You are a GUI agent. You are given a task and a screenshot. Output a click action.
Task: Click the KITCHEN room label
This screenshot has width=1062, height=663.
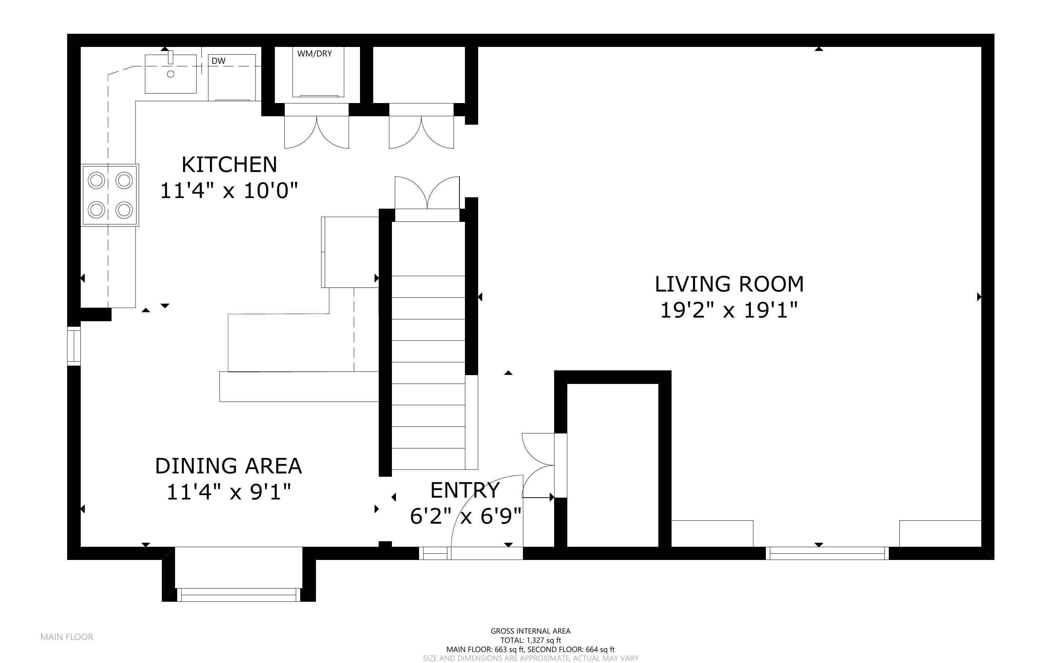click(x=229, y=165)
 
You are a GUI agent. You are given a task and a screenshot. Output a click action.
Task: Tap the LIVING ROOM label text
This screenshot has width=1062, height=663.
click(x=729, y=285)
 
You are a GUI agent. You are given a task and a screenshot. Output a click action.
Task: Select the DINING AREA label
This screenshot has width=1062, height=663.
click(x=228, y=466)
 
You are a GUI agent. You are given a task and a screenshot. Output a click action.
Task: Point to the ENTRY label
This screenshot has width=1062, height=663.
click(x=465, y=491)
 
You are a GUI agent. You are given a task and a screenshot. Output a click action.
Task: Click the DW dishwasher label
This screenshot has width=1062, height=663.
click(x=218, y=61)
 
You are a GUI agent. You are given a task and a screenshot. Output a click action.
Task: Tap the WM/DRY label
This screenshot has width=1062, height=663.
click(x=314, y=54)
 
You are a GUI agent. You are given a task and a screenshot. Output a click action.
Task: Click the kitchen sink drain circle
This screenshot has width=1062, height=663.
click(x=171, y=74)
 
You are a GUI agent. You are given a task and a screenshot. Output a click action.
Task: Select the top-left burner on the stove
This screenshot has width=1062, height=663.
click(x=97, y=180)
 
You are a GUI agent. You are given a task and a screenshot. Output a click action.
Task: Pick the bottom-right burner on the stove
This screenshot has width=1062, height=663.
click(x=124, y=210)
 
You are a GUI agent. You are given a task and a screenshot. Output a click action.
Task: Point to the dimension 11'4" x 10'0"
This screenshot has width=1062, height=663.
click(x=229, y=191)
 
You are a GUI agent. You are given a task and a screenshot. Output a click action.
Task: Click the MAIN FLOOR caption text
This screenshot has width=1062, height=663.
click(x=67, y=637)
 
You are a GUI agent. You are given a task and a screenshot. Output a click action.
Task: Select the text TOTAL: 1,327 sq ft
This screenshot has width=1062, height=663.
click(x=530, y=640)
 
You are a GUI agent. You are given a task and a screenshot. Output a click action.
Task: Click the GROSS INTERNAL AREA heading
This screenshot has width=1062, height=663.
click(x=530, y=631)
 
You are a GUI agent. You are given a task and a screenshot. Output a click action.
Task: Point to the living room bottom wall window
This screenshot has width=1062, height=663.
click(x=827, y=554)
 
